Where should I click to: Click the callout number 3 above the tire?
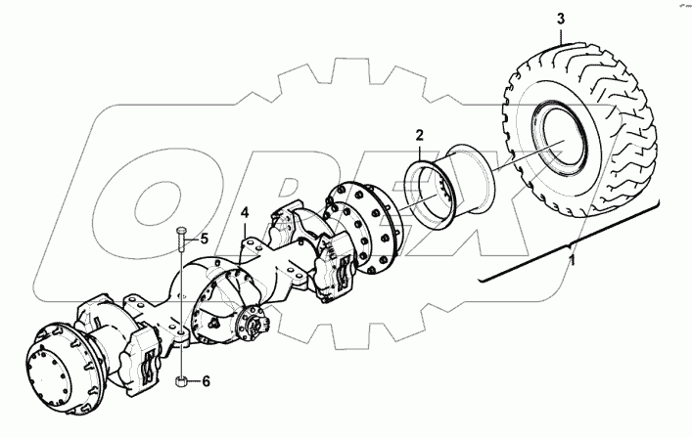point(560,19)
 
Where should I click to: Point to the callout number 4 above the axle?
point(246,211)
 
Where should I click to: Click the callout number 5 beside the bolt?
point(204,238)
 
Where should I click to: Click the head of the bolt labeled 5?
point(183,231)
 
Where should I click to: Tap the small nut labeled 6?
point(182,381)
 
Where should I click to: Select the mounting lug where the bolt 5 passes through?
point(181,336)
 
